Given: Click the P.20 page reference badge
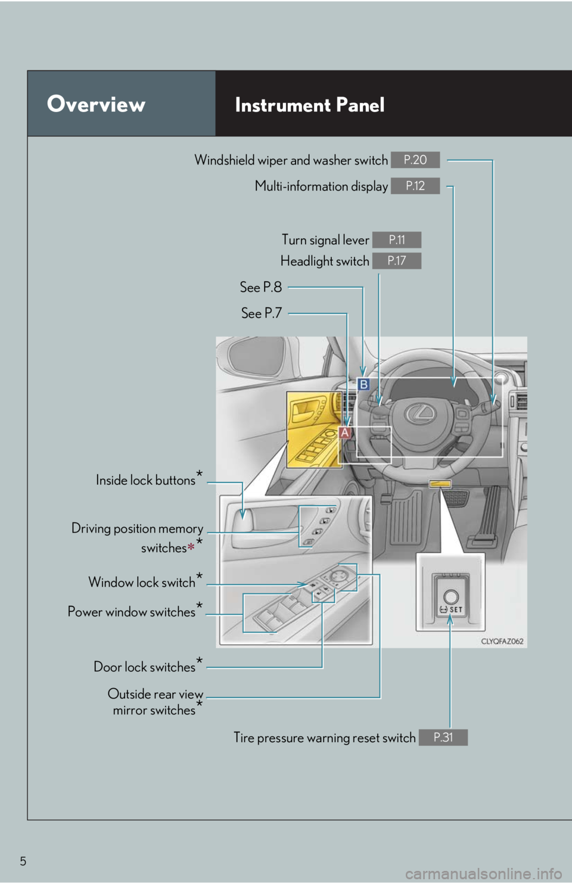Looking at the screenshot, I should (x=415, y=160).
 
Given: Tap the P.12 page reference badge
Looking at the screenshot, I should (x=415, y=186).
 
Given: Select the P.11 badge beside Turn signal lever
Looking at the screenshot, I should (x=397, y=239).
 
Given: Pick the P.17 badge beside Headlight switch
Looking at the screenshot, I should (x=397, y=261).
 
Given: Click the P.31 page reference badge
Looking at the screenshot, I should (x=443, y=737).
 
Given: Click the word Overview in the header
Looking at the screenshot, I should (x=97, y=104).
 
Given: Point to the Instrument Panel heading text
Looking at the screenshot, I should (x=310, y=105).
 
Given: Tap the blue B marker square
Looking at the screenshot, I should (x=363, y=384).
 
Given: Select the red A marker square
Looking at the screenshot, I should (x=345, y=432).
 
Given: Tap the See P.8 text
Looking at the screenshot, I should (x=261, y=287).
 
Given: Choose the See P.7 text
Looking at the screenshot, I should (x=262, y=313).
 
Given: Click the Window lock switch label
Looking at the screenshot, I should (x=142, y=582).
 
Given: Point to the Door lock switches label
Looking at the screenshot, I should (x=145, y=667).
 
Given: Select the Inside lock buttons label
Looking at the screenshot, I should (x=146, y=480).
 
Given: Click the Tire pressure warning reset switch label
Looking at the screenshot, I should (x=325, y=738).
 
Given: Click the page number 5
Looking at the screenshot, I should (x=23, y=861).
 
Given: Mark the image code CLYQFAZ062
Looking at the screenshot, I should (x=502, y=642).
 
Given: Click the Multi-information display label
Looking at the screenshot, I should (x=321, y=186).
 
